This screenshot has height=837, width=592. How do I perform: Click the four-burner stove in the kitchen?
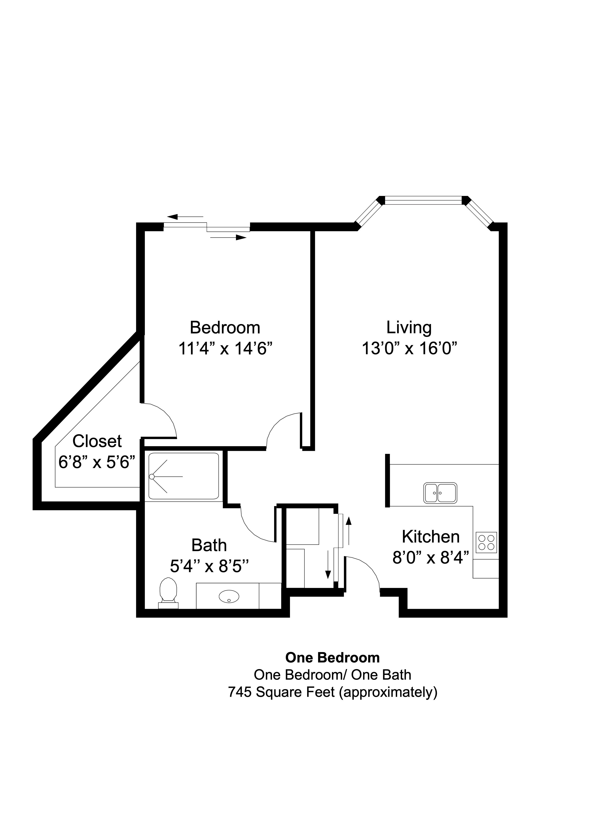tap(486, 543)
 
